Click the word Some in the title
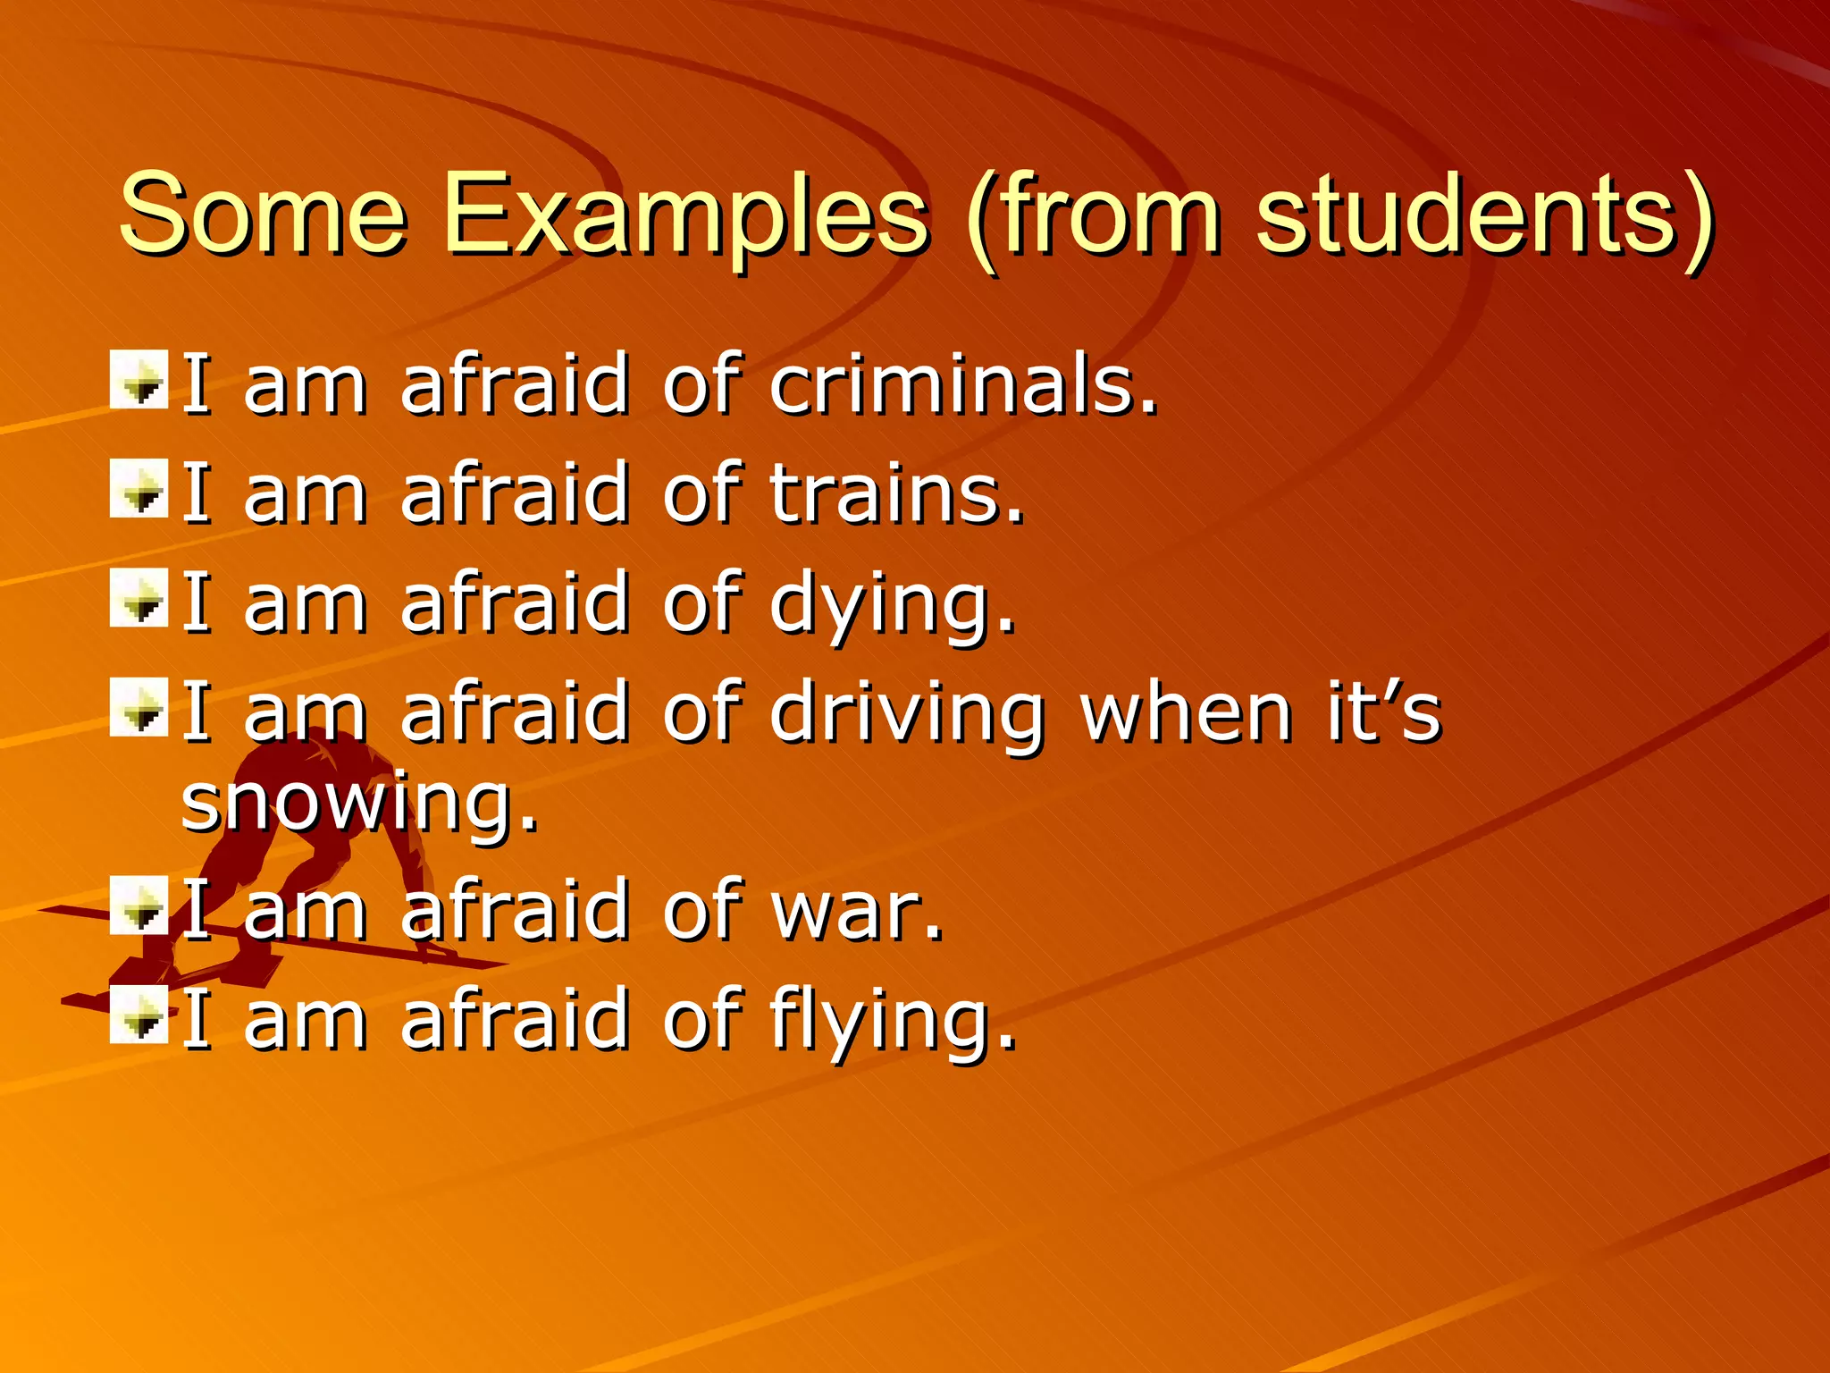point(263,215)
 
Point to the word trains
point(895,493)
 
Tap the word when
point(1186,712)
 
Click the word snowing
point(359,803)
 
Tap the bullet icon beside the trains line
point(139,489)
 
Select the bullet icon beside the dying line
point(139,598)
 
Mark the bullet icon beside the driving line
point(139,708)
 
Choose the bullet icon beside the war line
point(139,906)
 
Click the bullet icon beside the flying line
point(139,1015)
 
